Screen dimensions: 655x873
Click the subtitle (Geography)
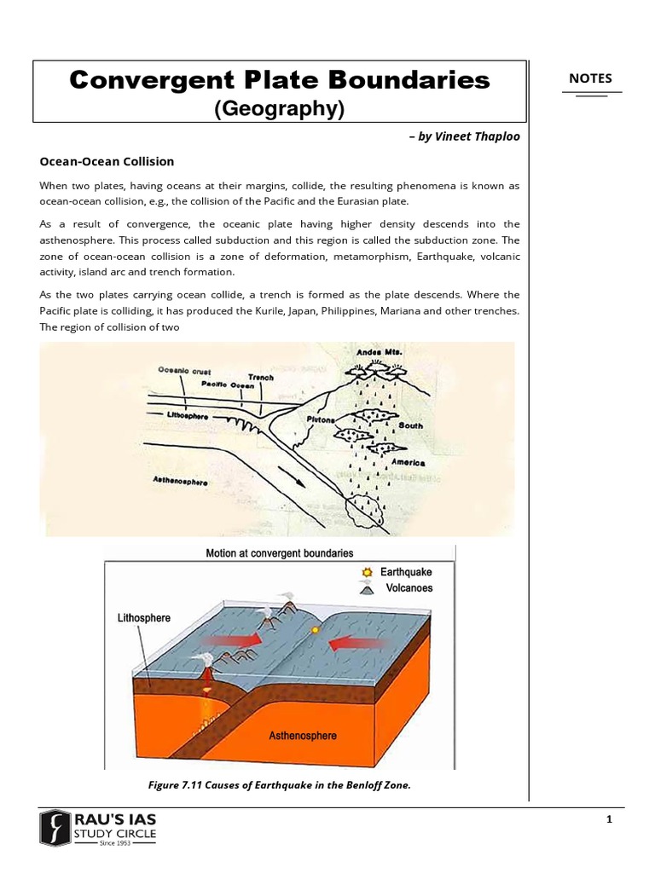(279, 108)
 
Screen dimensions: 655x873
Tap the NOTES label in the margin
(590, 78)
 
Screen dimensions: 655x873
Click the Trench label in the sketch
(260, 377)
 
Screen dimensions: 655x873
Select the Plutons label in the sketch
(319, 419)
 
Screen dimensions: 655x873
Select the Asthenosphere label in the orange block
(303, 735)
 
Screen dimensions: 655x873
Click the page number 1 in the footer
(609, 820)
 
